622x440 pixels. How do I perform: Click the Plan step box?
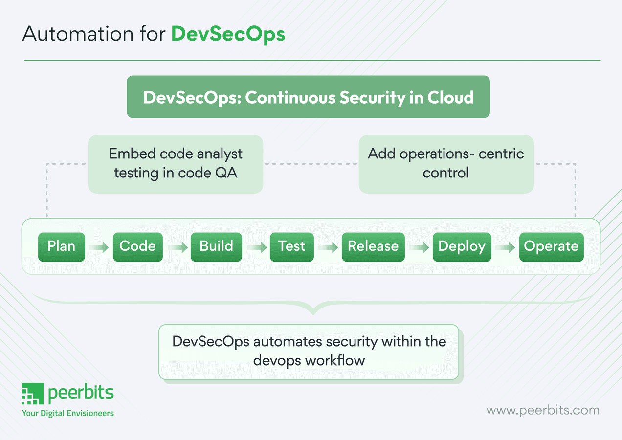tap(62, 247)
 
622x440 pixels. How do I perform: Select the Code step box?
tap(137, 247)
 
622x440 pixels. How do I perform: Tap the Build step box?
tap(216, 247)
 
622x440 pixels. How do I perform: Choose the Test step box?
tap(291, 247)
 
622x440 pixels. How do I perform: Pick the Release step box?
tap(373, 247)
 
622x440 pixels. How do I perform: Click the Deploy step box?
tap(462, 247)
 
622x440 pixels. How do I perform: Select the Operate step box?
tap(551, 247)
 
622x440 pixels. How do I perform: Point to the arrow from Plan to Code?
tap(99, 248)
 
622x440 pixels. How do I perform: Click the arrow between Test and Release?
tap(328, 248)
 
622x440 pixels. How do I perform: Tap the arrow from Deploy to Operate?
tap(505, 248)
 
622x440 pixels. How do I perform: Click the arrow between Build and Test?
tap(256, 248)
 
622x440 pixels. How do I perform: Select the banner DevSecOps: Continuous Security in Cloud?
tap(308, 97)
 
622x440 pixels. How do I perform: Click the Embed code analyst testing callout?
tap(176, 164)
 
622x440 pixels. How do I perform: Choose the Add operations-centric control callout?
tap(446, 164)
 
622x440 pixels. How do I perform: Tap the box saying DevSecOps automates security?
tap(309, 351)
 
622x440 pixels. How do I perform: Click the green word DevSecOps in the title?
tap(228, 34)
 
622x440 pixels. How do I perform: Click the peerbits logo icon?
tap(33, 394)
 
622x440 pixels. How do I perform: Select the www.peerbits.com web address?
tap(543, 410)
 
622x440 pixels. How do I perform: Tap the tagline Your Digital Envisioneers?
tap(68, 413)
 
